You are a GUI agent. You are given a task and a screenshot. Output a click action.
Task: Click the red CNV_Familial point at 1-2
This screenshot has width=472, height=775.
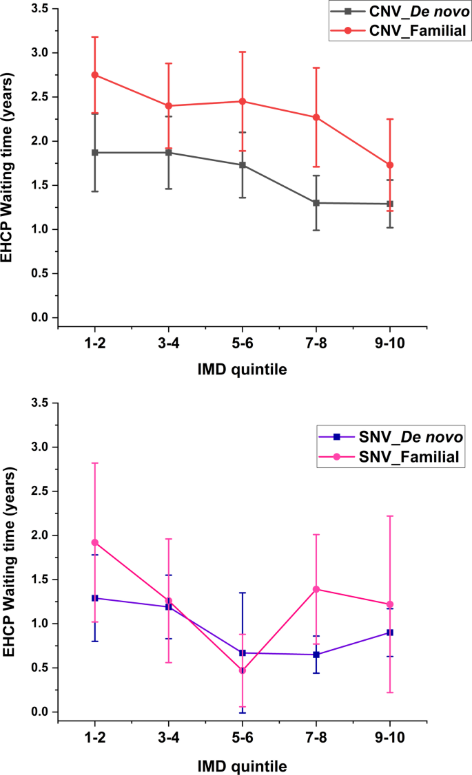pyautogui.click(x=95, y=75)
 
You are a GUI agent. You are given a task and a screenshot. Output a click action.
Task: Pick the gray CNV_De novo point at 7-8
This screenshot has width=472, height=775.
pyautogui.click(x=316, y=203)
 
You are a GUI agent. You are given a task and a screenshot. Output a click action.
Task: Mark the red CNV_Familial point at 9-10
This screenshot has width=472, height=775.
pyautogui.click(x=390, y=165)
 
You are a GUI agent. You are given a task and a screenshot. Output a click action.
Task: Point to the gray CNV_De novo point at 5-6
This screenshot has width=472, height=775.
pyautogui.click(x=243, y=165)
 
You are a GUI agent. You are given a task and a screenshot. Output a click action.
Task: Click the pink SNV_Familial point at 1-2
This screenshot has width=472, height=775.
pyautogui.click(x=95, y=542)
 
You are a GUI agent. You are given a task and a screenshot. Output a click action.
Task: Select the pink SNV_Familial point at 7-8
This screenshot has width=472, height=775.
pyautogui.click(x=316, y=589)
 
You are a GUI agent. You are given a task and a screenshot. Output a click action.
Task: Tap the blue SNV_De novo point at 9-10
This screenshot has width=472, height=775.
pyautogui.click(x=390, y=633)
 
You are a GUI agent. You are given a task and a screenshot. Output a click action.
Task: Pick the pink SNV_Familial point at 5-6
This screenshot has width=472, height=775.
pyautogui.click(x=243, y=670)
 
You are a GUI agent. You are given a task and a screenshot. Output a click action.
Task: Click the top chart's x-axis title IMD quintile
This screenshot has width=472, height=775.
pyautogui.click(x=243, y=370)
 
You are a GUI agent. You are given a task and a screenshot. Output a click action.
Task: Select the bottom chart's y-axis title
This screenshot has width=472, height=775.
pyautogui.click(x=10, y=558)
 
